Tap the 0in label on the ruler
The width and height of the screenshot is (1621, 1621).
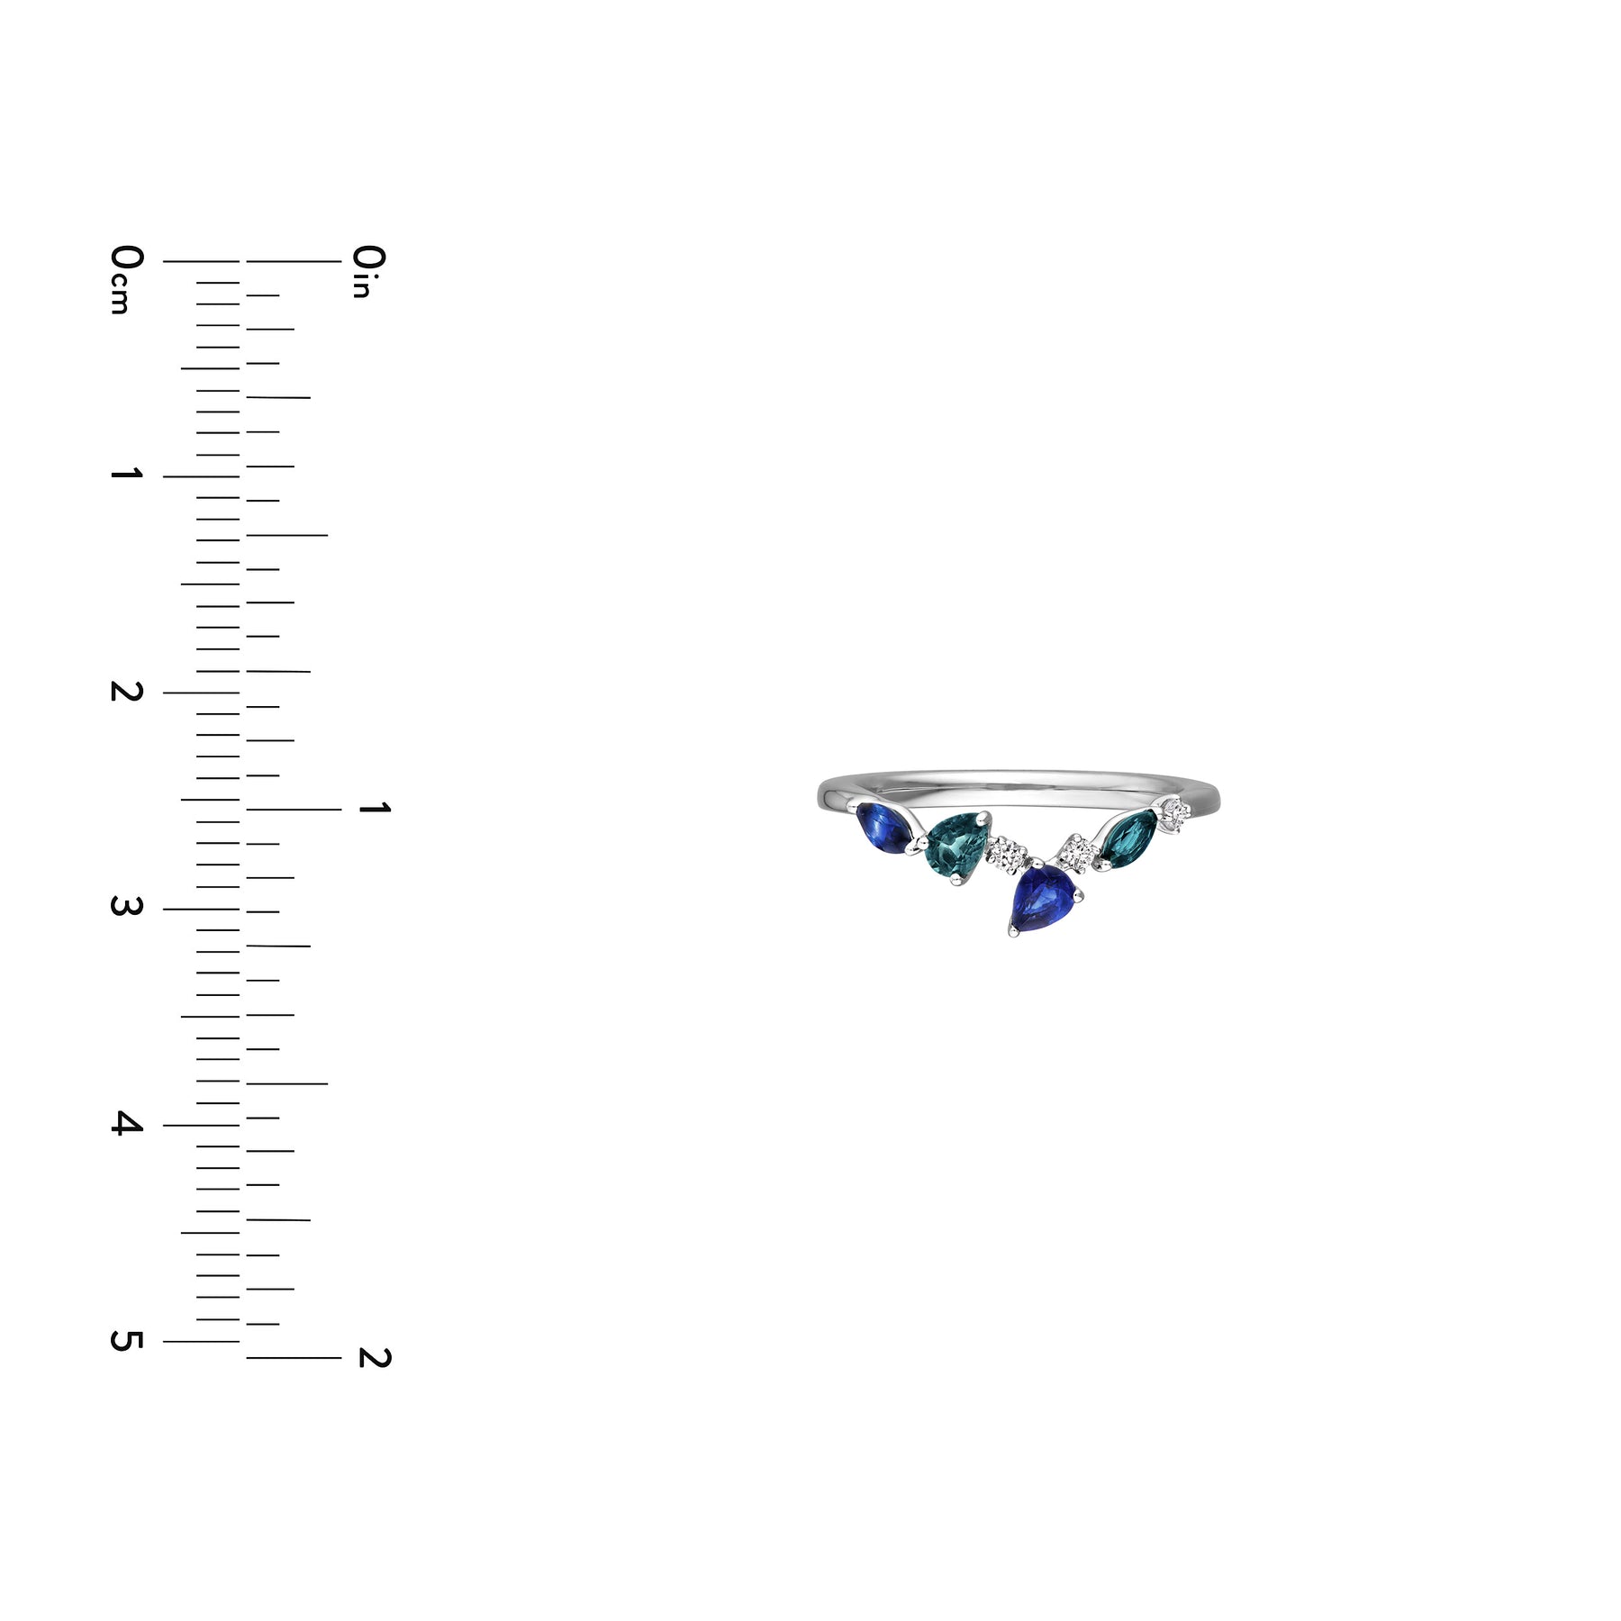[x=369, y=270]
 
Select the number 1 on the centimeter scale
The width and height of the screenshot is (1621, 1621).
[x=126, y=474]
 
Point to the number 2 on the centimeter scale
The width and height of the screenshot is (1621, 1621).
[x=126, y=691]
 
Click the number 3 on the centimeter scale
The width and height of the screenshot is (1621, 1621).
[x=126, y=906]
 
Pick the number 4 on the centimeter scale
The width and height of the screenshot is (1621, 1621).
[x=126, y=1123]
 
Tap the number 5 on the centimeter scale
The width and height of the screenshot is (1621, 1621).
[x=126, y=1340]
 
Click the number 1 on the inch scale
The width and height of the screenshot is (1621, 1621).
[x=374, y=809]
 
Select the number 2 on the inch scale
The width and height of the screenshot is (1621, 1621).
[x=374, y=1357]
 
